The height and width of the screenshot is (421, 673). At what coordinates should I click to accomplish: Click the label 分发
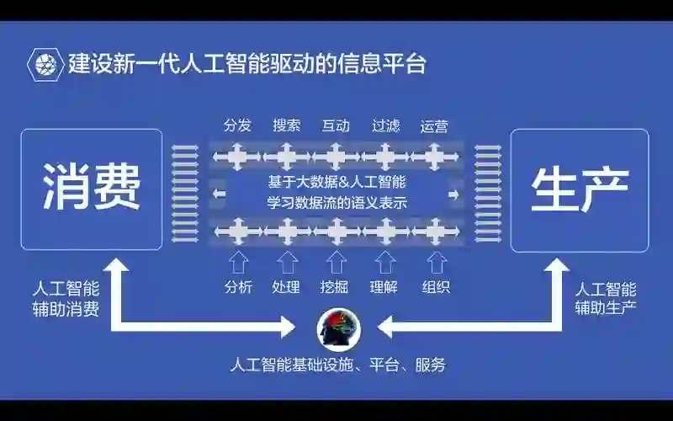(237, 125)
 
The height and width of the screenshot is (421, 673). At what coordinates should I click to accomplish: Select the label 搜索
(287, 125)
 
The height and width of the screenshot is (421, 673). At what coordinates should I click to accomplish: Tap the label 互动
(336, 125)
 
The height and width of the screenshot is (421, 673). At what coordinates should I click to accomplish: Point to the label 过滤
(385, 125)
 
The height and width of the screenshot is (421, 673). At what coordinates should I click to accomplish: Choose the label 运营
(434, 125)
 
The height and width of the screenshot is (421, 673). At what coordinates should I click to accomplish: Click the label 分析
(238, 286)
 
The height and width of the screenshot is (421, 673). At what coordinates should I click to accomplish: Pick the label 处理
(286, 286)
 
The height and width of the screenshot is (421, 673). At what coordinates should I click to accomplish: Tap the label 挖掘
(335, 286)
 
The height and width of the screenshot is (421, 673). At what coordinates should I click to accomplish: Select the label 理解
(384, 286)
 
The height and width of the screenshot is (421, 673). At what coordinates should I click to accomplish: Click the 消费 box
(92, 189)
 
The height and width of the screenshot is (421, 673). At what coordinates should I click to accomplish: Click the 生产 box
(580, 189)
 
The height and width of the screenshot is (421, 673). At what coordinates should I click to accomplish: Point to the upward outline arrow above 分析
(238, 261)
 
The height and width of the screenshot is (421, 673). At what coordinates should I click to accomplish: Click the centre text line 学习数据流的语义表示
(336, 202)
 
